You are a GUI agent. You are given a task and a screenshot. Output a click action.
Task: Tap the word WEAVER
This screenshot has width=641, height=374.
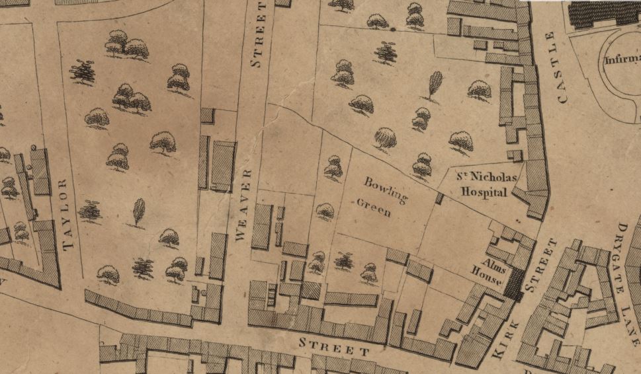coord(242,207)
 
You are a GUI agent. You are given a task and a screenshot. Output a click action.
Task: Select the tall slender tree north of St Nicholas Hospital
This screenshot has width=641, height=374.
coord(434,85)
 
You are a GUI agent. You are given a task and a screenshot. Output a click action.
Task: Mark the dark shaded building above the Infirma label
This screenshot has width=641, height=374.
coord(602,13)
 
